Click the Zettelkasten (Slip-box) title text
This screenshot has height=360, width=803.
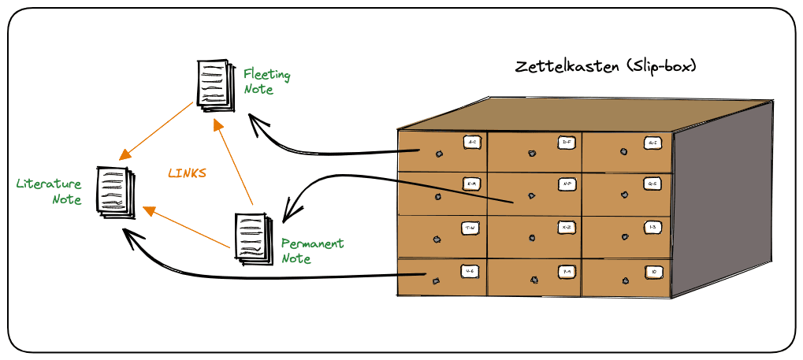tap(605, 66)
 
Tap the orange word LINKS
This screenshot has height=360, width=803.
tap(187, 173)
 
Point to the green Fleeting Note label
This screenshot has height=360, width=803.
tap(266, 82)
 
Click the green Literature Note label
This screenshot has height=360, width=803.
tap(50, 191)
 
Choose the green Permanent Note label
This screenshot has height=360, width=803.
tap(312, 251)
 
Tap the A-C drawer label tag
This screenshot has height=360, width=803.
tap(471, 142)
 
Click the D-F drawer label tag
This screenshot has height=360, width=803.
tap(566, 142)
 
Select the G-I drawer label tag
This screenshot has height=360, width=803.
tap(652, 143)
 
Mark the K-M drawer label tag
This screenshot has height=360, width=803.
tap(471, 184)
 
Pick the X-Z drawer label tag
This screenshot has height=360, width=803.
tap(566, 227)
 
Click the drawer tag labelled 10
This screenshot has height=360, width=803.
tap(653, 272)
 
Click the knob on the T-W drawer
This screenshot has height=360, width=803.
tap(437, 236)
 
